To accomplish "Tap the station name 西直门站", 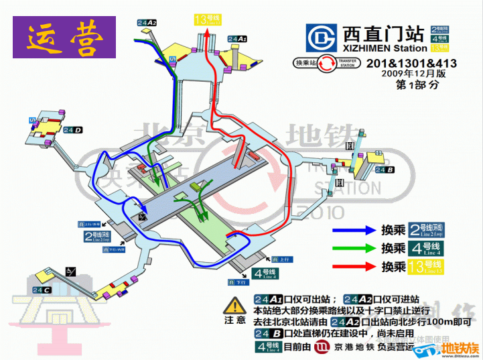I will (384, 34).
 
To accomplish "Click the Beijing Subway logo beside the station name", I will (321, 38).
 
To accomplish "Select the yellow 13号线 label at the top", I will (207, 19).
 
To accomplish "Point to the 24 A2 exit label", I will (147, 23).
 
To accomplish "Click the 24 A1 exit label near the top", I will (238, 40).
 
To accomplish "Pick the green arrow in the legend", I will (354, 248).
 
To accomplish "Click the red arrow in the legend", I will (354, 266).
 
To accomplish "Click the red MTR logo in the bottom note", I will (322, 347).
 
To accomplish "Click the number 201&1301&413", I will (411, 63).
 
